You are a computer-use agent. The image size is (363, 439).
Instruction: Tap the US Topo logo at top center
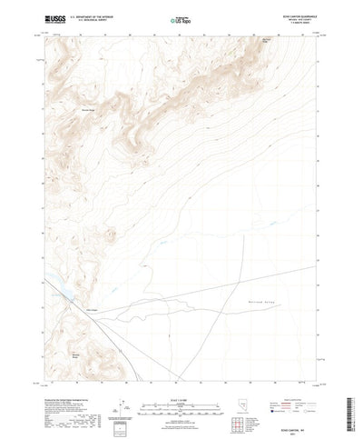(x=181, y=18)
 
